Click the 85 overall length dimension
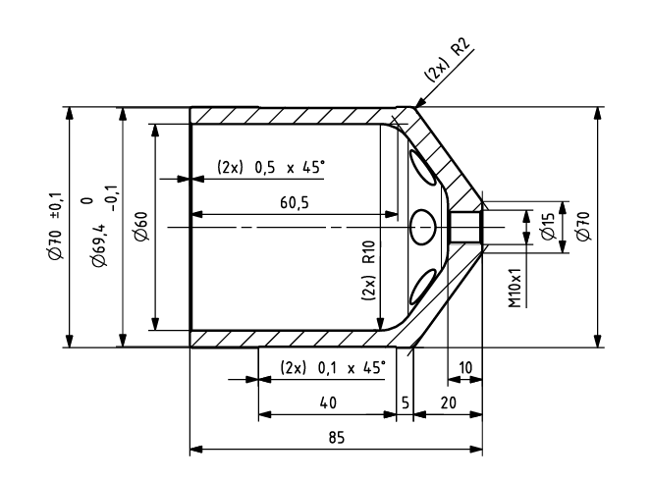coord(337,438)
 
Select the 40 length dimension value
coord(328,402)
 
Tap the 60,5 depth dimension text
coord(295,202)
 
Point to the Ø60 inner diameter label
coord(141,226)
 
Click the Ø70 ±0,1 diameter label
coord(56,226)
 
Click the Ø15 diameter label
coord(548,226)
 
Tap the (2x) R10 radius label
coord(368,271)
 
